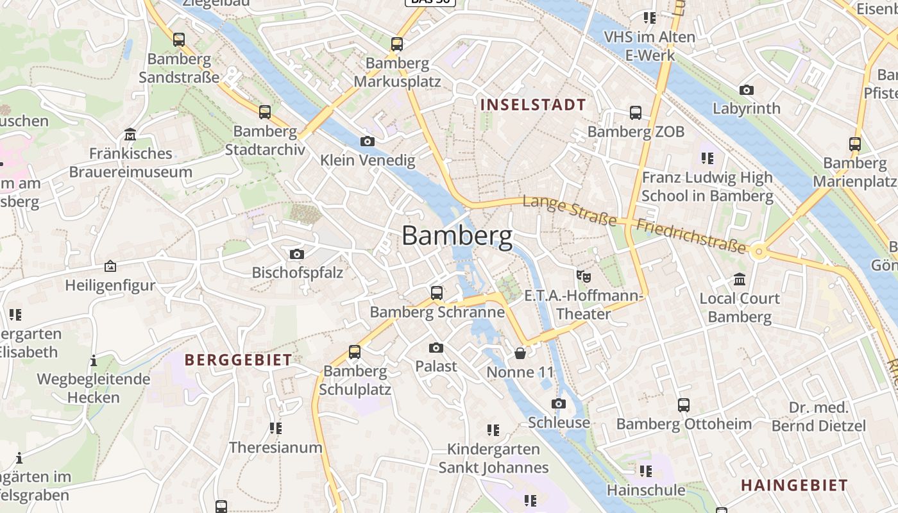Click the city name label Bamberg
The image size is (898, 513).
coord(457,236)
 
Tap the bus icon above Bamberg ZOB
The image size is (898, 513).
coord(636,113)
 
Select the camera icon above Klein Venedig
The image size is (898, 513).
coord(368,141)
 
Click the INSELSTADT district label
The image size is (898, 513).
coord(533,105)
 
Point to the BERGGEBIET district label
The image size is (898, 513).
coord(239,360)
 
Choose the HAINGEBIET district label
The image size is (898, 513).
coord(794,485)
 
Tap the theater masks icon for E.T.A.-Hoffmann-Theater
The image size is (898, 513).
coord(583,276)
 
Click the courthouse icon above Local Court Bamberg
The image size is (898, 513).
coord(740,280)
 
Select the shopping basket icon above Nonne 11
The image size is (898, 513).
coord(520,353)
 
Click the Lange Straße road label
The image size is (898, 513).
coord(570,211)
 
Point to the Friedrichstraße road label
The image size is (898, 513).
coord(691,235)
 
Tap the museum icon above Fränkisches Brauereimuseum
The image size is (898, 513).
coord(131,135)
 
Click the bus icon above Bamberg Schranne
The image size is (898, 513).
coord(437,293)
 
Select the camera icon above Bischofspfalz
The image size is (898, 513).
coord(296,254)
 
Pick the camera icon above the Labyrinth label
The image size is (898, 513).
coord(747,90)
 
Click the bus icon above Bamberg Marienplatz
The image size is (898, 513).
coord(855,144)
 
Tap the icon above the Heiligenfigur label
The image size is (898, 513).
coord(110,266)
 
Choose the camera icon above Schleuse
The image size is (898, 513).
coord(559,403)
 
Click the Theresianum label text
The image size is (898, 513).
coord(276,447)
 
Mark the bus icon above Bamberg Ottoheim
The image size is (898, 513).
coord(684,405)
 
